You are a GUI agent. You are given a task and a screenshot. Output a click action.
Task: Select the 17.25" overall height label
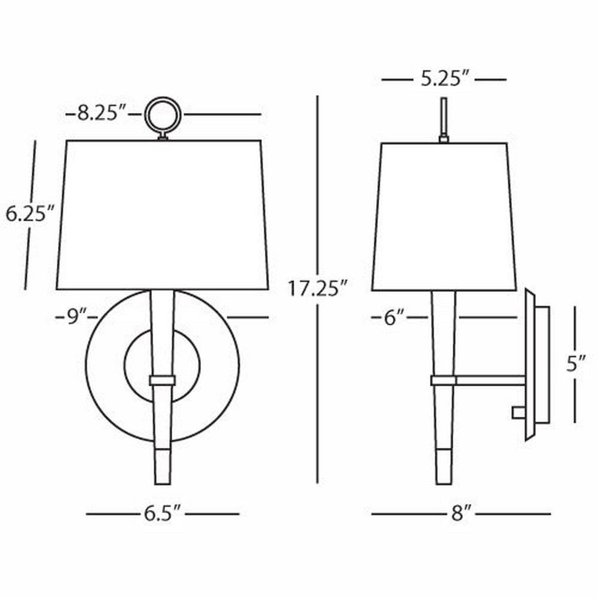tap(318, 288)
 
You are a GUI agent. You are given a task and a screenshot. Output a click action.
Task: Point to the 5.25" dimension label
tap(444, 80)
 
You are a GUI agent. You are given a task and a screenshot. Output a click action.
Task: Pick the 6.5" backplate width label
tap(162, 513)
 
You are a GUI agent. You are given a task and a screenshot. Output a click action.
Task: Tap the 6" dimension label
tap(394, 318)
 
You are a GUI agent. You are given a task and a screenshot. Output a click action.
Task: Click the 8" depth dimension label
tap(462, 513)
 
